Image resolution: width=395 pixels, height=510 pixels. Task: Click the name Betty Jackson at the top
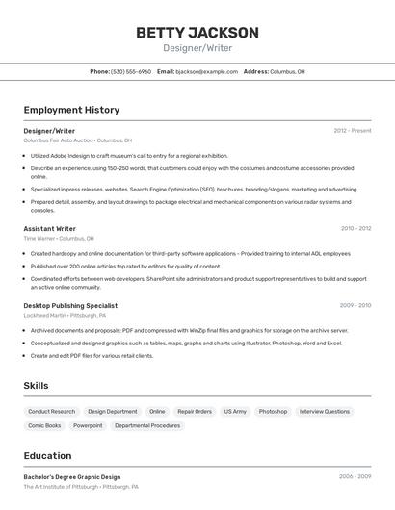tap(197, 32)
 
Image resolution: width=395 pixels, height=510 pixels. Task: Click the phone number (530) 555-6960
tap(131, 71)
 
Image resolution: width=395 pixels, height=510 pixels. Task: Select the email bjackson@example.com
tap(207, 71)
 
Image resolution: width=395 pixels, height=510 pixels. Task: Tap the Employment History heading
tap(71, 110)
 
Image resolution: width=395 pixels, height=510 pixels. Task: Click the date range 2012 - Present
tap(353, 130)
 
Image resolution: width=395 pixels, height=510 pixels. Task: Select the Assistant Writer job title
tap(50, 229)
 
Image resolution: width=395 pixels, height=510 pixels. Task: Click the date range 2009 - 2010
tap(355, 305)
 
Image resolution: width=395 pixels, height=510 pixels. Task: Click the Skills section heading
tap(37, 385)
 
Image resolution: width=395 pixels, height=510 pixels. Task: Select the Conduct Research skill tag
tap(51, 411)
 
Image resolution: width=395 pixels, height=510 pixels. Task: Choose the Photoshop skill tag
tap(273, 411)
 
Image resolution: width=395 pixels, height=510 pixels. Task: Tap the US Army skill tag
tap(235, 411)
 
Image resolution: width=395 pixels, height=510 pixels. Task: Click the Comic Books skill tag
tap(44, 425)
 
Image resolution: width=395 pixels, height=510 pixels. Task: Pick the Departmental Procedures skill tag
tap(147, 425)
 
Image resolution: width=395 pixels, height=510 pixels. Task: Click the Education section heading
tap(47, 456)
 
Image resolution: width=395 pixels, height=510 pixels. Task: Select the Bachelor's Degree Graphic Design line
tap(72, 476)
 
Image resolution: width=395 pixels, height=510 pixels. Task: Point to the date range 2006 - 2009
tap(355, 476)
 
